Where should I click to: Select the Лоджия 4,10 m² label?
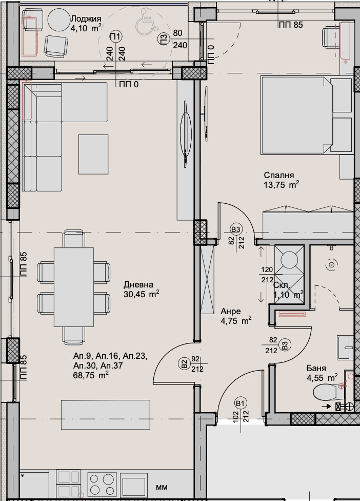pos(86,24)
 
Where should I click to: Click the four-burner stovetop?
pos(102,483)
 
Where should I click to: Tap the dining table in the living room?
pos(74,286)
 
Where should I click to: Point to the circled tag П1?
pos(116,36)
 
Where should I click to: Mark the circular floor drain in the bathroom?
pos(331,264)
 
